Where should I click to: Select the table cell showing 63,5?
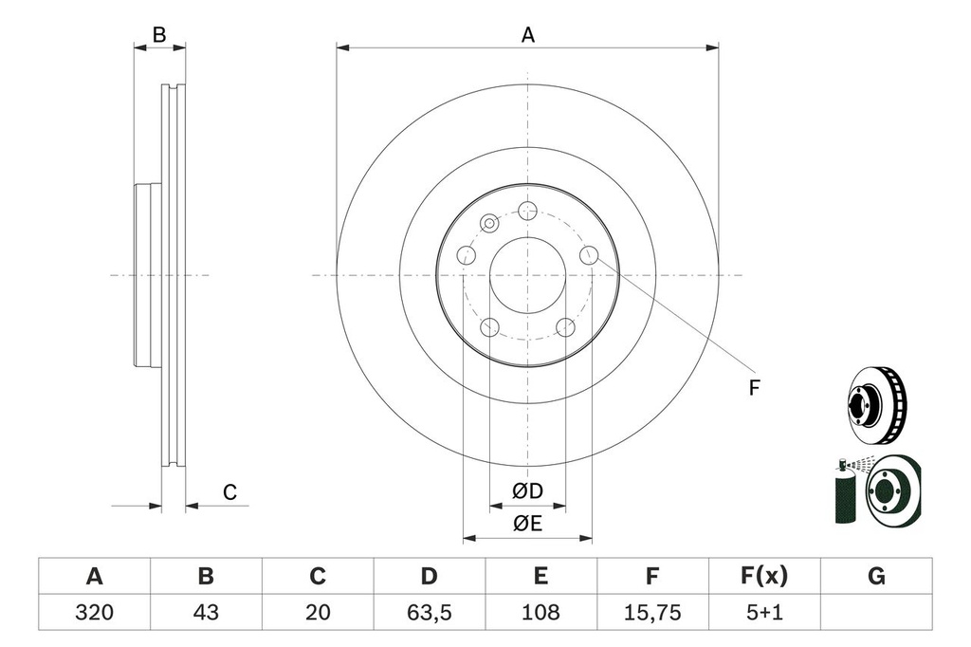coord(430,613)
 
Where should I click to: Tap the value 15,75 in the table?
coord(651,613)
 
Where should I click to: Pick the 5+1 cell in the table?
coord(763,613)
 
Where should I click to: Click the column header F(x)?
coord(763,576)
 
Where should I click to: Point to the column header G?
coord(875,576)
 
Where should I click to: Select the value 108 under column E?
coord(540,613)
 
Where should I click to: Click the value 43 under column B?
coord(206,613)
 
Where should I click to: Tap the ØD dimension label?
coord(527,491)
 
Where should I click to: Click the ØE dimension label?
coord(527,524)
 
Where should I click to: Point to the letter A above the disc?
coord(528,35)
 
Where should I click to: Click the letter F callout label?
coord(755,387)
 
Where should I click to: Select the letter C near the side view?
coord(229,491)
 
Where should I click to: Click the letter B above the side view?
coord(159,35)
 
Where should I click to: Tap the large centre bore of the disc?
coord(527,275)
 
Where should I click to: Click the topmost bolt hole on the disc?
coord(528,211)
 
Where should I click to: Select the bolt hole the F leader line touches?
coord(589,254)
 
